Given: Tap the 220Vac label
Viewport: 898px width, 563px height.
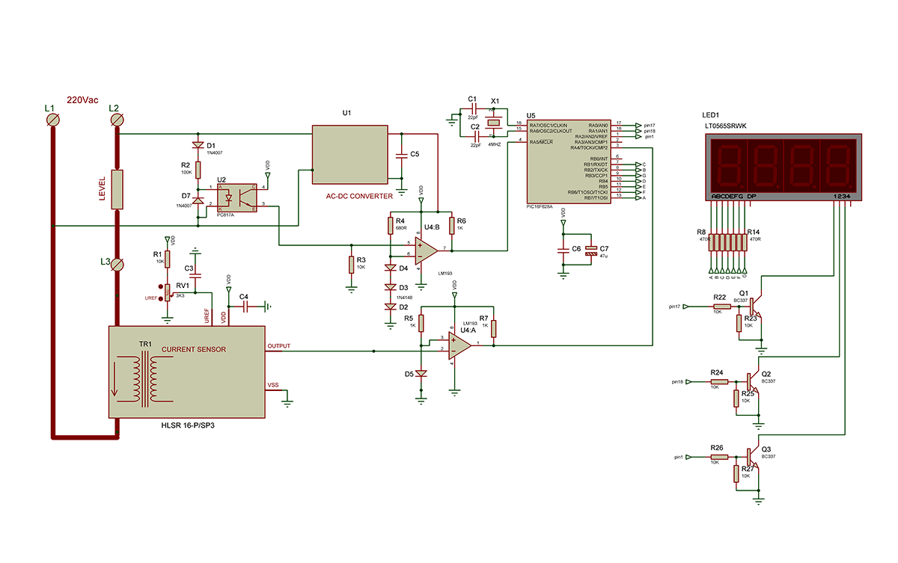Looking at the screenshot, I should [82, 100].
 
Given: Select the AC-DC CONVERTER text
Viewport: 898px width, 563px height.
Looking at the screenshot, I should [359, 196].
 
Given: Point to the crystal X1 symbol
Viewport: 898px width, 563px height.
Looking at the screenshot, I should [494, 124].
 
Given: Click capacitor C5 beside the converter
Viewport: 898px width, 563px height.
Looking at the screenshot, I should [402, 155].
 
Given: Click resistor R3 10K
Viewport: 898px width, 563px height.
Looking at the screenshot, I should [350, 265].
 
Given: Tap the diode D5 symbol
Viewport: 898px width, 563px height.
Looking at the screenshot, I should [421, 373].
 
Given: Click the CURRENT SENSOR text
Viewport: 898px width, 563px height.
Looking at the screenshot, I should [194, 349].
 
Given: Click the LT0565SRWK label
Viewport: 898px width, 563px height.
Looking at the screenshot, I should [730, 126].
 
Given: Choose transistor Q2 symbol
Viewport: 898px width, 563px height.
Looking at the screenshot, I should [754, 381].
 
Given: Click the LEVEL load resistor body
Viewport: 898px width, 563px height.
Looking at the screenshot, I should [117, 189].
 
